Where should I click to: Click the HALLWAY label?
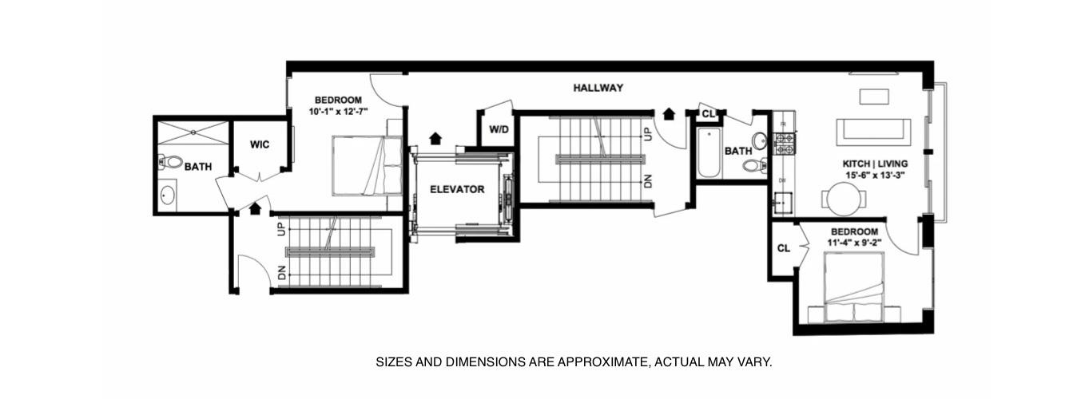click(598, 88)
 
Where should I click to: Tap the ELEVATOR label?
click(457, 189)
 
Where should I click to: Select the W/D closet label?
click(499, 129)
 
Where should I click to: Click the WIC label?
click(260, 144)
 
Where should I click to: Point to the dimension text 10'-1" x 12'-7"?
click(338, 112)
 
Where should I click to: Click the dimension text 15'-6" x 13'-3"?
click(875, 176)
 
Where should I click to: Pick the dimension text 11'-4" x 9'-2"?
click(855, 243)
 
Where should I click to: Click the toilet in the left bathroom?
click(170, 162)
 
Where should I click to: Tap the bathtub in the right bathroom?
click(709, 153)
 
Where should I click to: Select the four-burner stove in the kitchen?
click(785, 144)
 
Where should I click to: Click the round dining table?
click(844, 198)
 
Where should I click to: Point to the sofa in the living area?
click(873, 132)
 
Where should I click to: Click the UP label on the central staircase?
click(648, 133)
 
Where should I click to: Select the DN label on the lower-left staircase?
click(282, 273)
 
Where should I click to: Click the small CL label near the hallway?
click(708, 114)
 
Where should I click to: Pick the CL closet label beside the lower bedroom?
click(784, 248)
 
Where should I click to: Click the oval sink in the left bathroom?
click(168, 196)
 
